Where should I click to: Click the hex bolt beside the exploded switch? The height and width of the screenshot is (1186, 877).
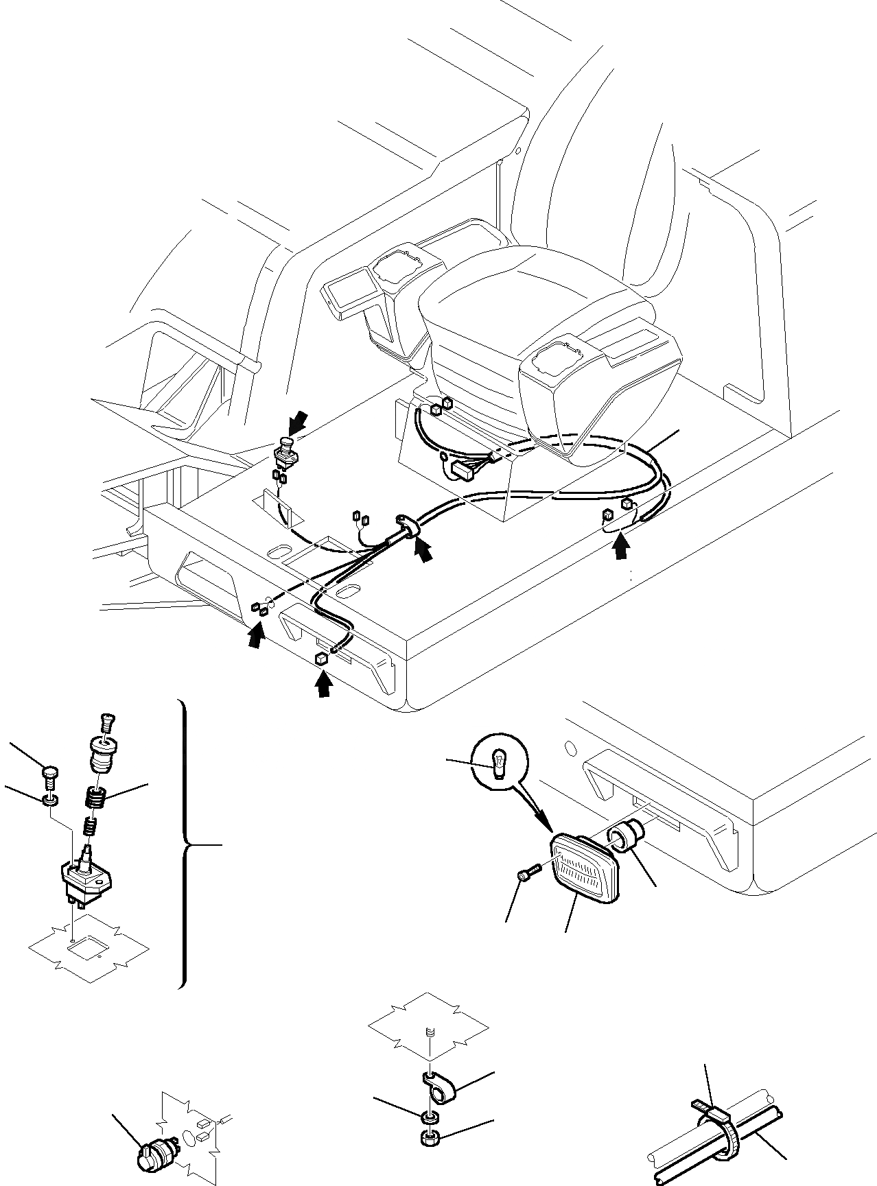pos(50,775)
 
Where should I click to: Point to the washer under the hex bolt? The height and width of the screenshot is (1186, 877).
pos(50,800)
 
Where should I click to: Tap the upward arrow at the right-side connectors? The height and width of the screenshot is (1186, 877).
pos(622,547)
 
